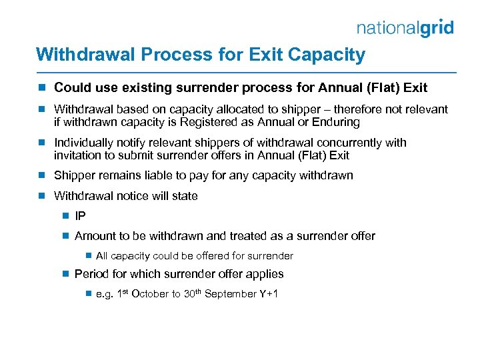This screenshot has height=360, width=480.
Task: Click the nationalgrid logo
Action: click(405, 27)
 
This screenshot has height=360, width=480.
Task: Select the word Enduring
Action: click(337, 122)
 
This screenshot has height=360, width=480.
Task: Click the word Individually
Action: click(83, 143)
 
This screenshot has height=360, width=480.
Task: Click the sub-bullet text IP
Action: click(80, 216)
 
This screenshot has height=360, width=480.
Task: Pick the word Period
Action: click(91, 274)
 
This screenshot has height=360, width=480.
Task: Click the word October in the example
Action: click(153, 294)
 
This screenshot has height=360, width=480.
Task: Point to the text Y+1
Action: click(268, 294)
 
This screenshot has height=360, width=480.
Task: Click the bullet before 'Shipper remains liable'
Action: click(42, 175)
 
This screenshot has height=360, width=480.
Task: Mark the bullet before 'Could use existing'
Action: click(42, 87)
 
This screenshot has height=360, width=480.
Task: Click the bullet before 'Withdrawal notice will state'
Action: click(42, 196)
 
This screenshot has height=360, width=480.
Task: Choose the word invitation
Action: click(79, 155)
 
